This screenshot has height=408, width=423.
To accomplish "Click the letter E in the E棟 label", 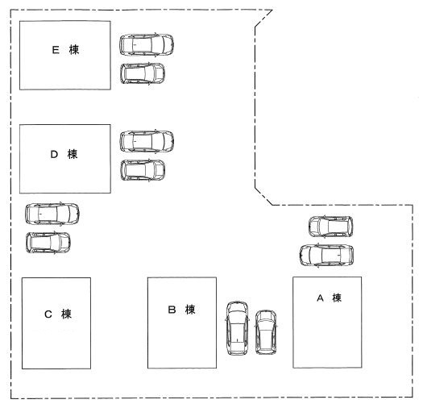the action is click(56, 50).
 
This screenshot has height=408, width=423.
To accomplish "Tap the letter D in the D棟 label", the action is click(54, 154).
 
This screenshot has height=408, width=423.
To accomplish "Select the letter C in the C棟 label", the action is click(48, 314).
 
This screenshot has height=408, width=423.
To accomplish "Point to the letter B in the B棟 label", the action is click(172, 310).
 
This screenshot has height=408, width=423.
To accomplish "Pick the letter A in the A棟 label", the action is click(320, 298).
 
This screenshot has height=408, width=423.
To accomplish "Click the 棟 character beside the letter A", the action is click(337, 298).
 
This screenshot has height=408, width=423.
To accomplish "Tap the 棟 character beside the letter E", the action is click(74, 50).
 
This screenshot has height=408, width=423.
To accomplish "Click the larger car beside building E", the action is click(147, 45).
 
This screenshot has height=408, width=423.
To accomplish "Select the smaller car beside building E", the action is click(143, 73).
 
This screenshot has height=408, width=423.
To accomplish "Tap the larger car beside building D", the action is click(147, 141).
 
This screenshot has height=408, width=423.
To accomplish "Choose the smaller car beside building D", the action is click(143, 170).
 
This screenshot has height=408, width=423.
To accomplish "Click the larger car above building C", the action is click(52, 214).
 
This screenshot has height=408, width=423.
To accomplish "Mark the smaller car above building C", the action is click(48, 243).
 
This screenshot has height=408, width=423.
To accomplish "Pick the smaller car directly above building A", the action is click(330, 227).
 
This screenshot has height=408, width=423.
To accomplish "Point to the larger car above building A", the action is click(326, 256).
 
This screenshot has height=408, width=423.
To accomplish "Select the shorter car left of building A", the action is click(266, 332).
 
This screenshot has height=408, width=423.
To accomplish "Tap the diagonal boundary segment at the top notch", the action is click(263, 19).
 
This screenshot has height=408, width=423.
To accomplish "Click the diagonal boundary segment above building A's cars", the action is click(263, 197).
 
